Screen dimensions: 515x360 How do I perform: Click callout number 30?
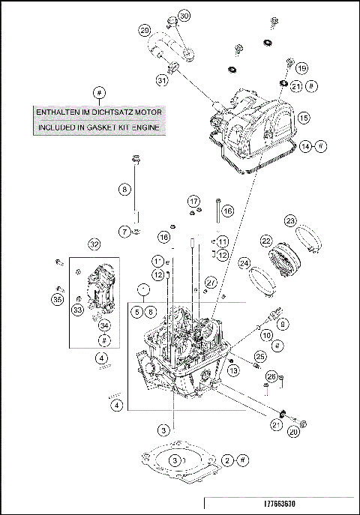tap(184, 15)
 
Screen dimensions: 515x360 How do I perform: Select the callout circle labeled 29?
tap(144, 30)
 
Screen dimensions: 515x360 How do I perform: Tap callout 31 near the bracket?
tap(161, 80)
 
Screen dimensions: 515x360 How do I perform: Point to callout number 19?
tap(301, 68)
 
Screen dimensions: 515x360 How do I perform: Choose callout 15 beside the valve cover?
tap(303, 118)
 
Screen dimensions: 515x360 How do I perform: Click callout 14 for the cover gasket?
tap(305, 147)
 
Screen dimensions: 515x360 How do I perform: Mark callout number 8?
tap(124, 190)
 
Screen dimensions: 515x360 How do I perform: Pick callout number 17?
tap(193, 202)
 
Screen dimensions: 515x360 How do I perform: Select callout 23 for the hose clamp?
tap(290, 220)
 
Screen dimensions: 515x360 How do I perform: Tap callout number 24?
tap(244, 263)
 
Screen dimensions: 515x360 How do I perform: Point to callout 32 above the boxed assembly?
tap(94, 244)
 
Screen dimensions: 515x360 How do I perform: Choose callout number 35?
tap(58, 299)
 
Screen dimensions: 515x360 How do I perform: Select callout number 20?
tap(294, 431)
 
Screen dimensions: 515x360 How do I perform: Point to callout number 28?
tap(271, 376)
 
